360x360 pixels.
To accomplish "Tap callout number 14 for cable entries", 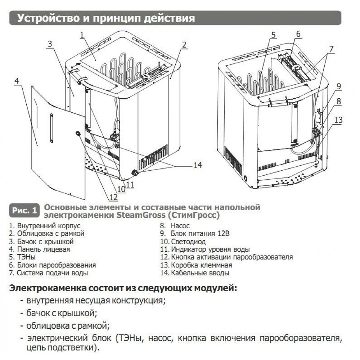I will (x=197, y=165).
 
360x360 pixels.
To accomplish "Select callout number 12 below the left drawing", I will (x=114, y=197).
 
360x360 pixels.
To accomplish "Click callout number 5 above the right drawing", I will (x=273, y=35).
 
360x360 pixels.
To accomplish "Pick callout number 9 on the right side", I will (x=339, y=86).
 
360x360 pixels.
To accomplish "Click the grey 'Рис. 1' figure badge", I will (x=24, y=211).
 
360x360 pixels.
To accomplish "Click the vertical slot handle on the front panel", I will (x=51, y=127).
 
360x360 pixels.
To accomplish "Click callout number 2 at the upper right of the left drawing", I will (x=184, y=45).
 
